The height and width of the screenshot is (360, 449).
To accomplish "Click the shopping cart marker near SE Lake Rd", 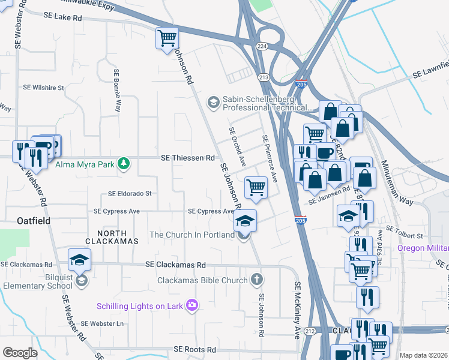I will coord(167,38).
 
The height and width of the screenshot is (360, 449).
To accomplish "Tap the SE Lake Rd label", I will coord(62,18).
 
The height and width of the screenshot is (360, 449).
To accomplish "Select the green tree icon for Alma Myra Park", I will coord(123,163).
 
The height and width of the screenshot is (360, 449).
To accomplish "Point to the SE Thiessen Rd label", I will coord(187,158).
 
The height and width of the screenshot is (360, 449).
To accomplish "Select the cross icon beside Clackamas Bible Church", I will coord(256,280).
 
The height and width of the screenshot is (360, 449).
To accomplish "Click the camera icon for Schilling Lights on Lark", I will coord(192,306).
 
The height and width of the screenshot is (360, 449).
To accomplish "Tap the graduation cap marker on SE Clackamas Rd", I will coord(79,259).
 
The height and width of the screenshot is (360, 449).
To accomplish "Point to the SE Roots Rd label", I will coord(194,349).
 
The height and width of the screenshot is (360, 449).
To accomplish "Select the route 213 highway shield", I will coord(263,77).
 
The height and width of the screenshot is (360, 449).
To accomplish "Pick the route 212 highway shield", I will coord(310,331).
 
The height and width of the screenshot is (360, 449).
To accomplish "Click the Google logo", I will coord(20,353).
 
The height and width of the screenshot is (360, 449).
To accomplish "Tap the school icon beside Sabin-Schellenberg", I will coord(212,103).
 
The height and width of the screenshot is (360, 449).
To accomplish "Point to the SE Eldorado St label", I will coord(130,194).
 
